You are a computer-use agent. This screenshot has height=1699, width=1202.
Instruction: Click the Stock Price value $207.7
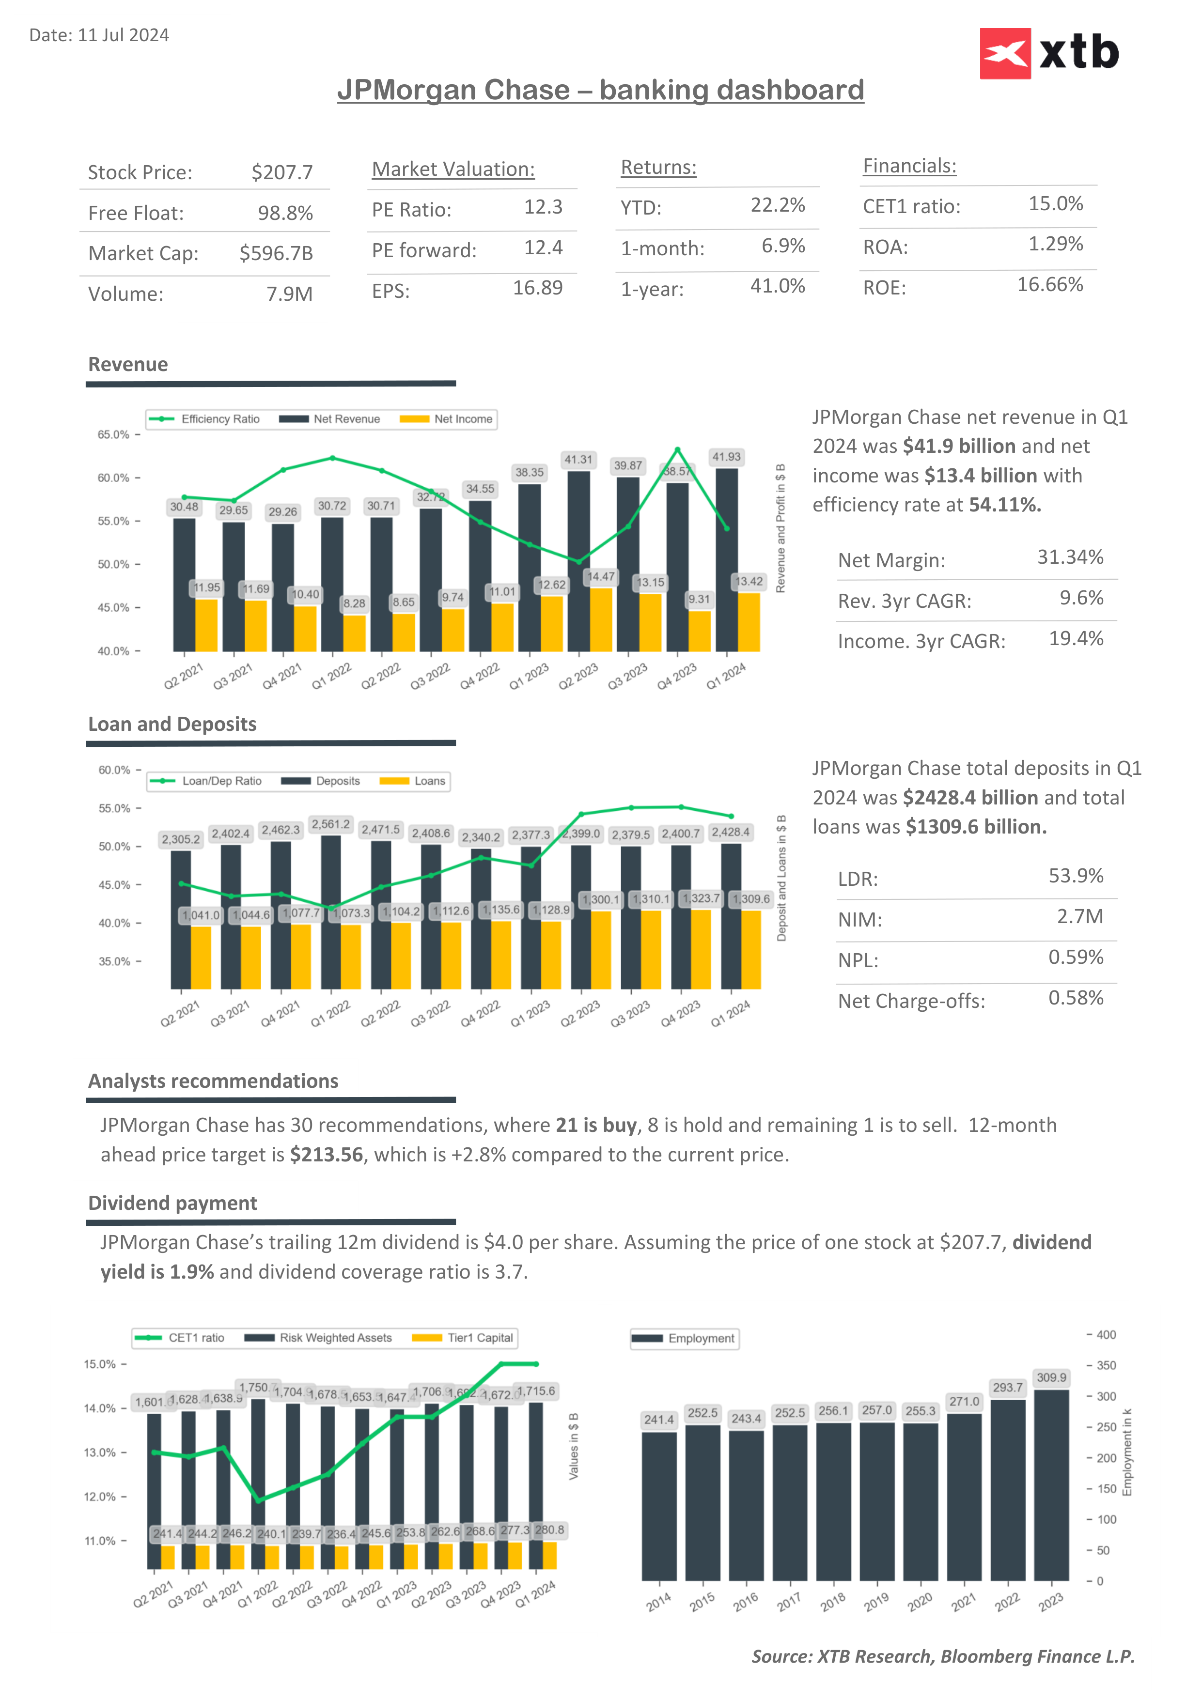point(282,172)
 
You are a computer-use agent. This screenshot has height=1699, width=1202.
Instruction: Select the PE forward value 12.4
point(543,248)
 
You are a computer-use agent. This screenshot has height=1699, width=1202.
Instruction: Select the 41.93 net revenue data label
point(726,457)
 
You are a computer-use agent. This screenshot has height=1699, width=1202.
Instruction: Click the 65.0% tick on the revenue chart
point(113,434)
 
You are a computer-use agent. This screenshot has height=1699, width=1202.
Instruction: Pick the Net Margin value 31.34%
point(1070,557)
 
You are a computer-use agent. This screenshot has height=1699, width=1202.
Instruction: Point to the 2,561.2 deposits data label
point(330,824)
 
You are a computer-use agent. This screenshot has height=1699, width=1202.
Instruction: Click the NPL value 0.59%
point(1076,958)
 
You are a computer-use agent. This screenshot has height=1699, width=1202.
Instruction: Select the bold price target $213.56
point(327,1155)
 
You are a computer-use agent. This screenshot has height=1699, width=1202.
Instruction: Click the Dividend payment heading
point(172,1203)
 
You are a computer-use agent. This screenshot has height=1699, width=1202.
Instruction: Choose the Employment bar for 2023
point(1051,1487)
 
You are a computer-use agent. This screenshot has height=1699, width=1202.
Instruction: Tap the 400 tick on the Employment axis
point(1106,1335)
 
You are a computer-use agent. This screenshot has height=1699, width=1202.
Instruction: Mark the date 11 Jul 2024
point(123,35)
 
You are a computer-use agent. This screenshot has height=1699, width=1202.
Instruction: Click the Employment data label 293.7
point(1007,1388)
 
